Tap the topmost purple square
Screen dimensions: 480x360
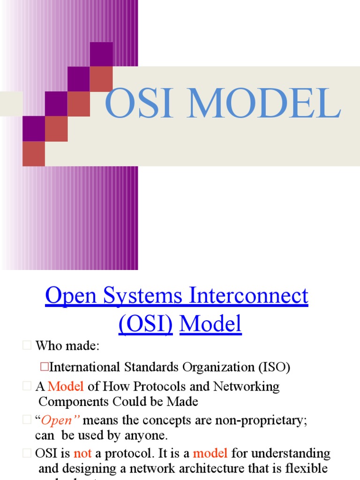[101, 54]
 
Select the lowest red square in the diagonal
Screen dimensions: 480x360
[34, 154]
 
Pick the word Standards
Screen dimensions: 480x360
[151, 367]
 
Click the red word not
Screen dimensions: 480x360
[82, 454]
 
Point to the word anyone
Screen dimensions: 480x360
[145, 435]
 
